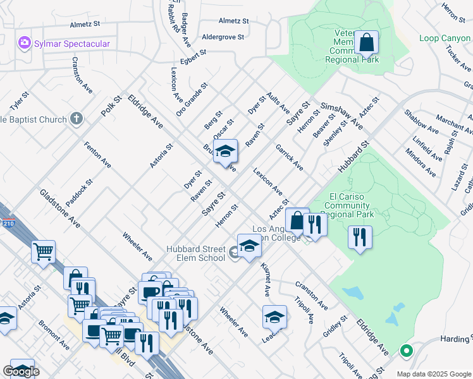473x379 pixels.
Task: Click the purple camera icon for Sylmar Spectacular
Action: [x=25, y=43]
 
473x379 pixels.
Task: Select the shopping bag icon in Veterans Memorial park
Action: [x=366, y=43]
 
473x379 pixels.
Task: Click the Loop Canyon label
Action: [x=445, y=39]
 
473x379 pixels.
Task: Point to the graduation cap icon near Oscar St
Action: [x=225, y=152]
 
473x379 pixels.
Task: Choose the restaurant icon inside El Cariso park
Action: [x=360, y=238]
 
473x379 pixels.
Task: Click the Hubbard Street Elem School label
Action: [x=196, y=253]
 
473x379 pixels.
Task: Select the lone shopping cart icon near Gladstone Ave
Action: [x=44, y=251]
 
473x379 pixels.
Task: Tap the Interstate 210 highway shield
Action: [x=2, y=222]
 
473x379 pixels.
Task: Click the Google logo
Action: [x=21, y=371]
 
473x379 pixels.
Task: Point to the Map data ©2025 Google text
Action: [x=433, y=373]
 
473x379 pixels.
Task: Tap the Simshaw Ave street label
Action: [x=341, y=115]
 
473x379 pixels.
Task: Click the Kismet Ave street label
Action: [x=266, y=280]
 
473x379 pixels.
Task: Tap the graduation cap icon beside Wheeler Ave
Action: [x=274, y=317]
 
